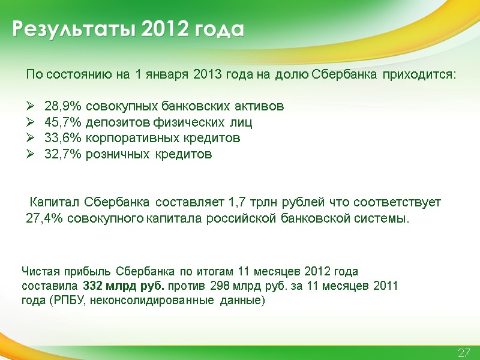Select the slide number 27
464,352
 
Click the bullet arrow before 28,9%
31,107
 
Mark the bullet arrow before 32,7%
31,154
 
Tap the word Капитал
55,202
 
